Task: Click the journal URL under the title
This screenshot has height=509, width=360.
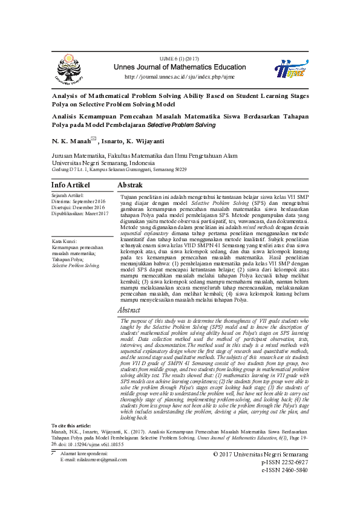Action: pos(179,77)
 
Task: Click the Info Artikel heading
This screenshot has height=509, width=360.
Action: pos(71,184)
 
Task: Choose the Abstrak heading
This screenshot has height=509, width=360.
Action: pos(130,184)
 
